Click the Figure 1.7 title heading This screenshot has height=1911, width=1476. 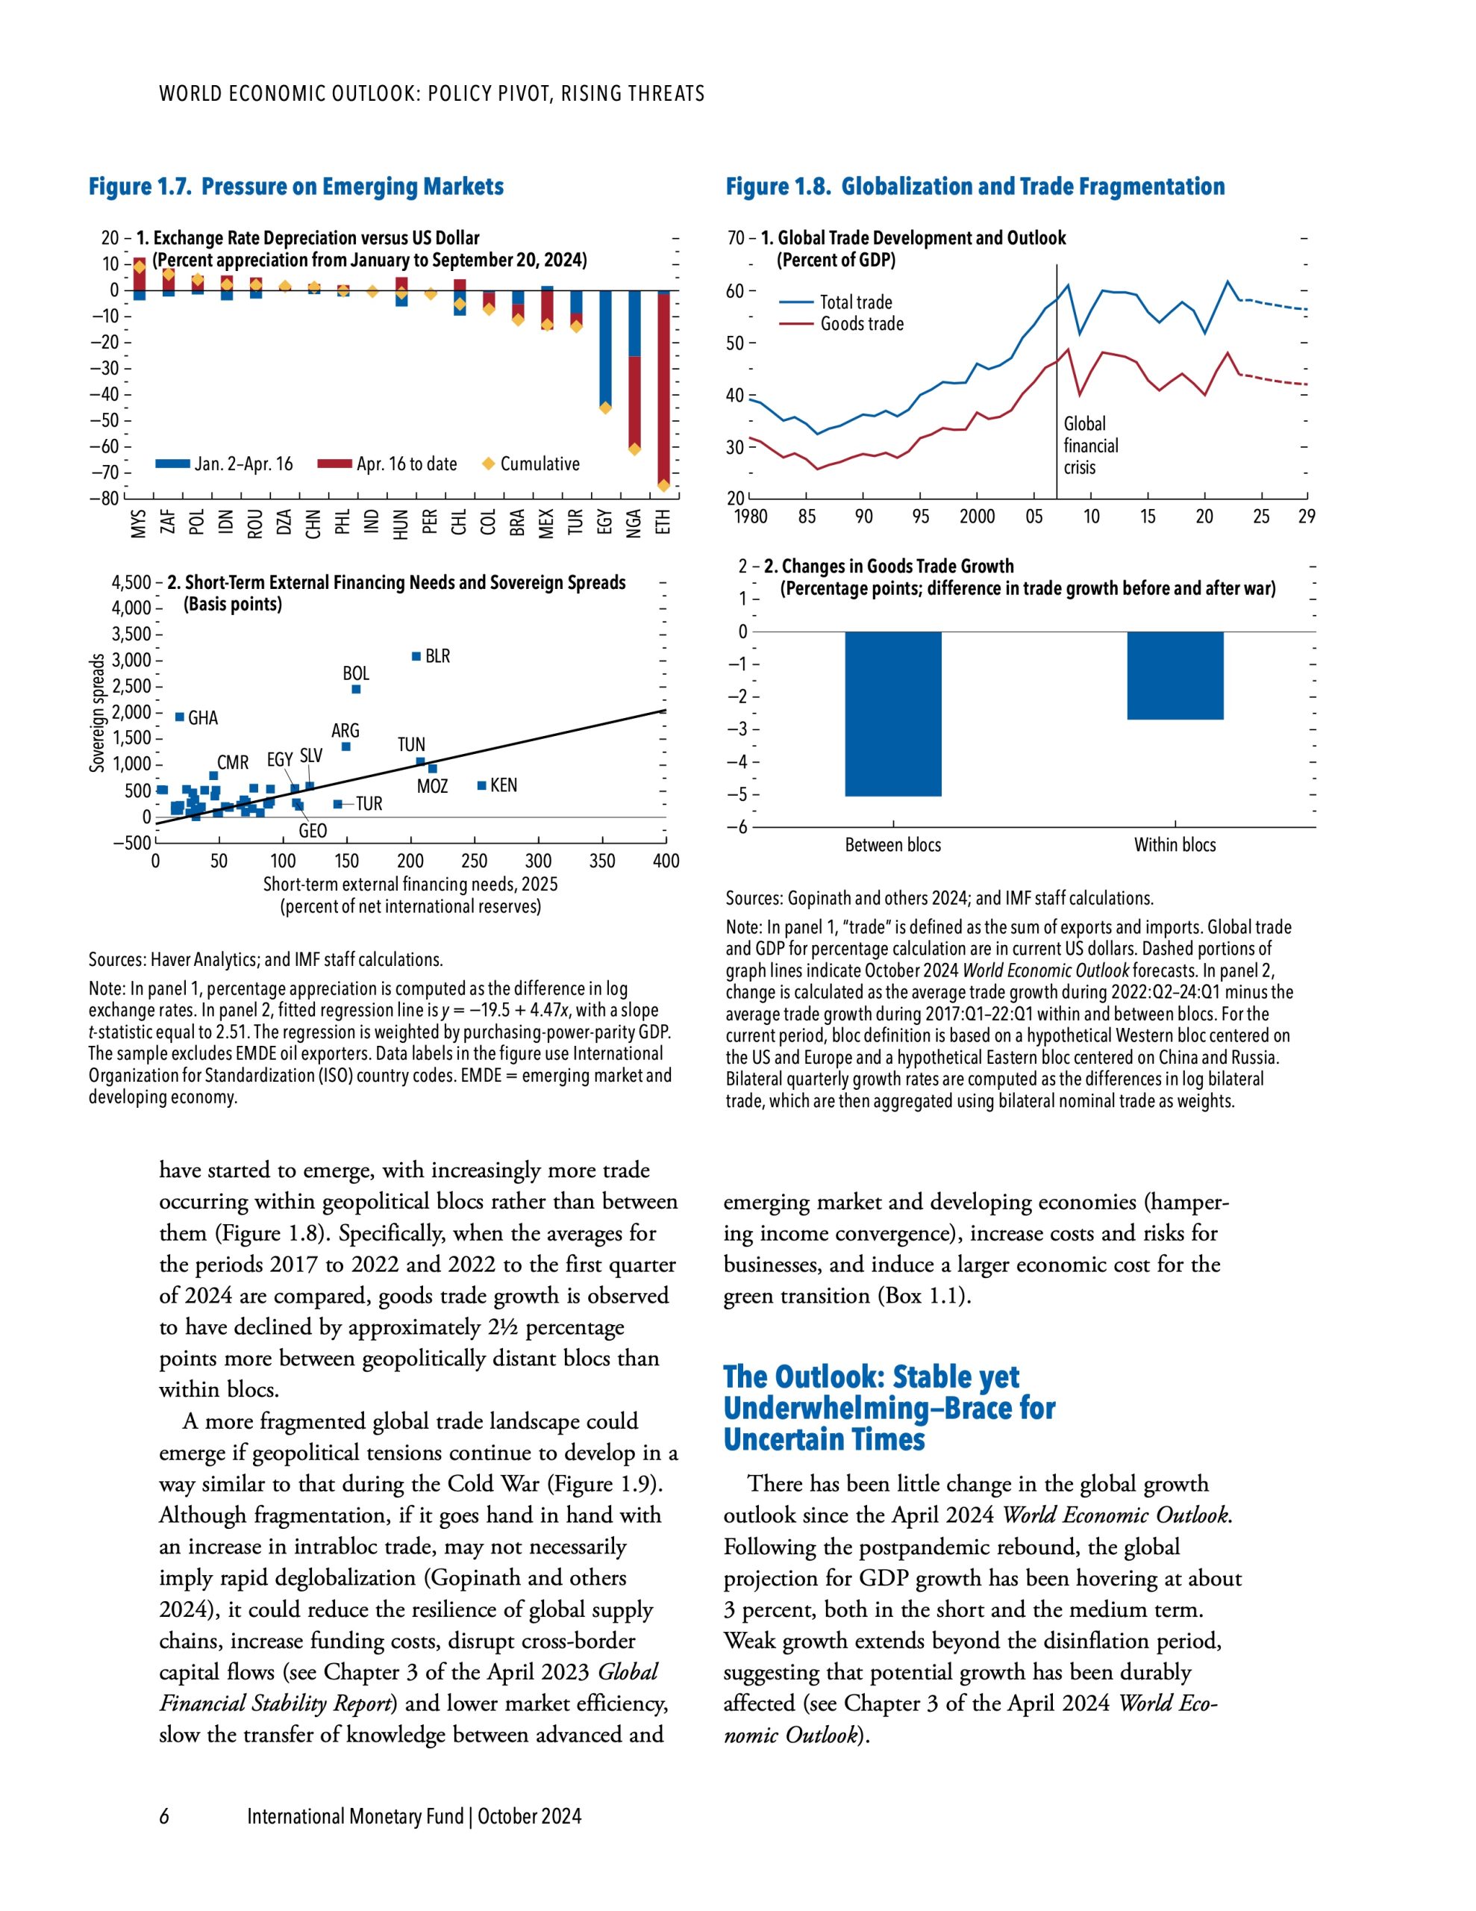pyautogui.click(x=295, y=187)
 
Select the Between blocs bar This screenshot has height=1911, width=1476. pyautogui.click(x=892, y=713)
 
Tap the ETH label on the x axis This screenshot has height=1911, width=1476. pyautogui.click(x=663, y=522)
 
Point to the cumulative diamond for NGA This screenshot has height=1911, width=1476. pyautogui.click(x=634, y=449)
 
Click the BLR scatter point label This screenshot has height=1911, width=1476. pyautogui.click(x=437, y=656)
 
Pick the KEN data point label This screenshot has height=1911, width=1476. pyautogui.click(x=503, y=785)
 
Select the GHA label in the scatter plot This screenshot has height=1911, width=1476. pyautogui.click(x=203, y=717)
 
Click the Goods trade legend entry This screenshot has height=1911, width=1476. pyautogui.click(x=862, y=324)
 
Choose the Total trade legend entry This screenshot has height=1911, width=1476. pyautogui.click(x=856, y=302)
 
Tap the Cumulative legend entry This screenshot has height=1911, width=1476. pyautogui.click(x=539, y=464)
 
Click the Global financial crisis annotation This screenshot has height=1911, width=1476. pyautogui.click(x=1090, y=446)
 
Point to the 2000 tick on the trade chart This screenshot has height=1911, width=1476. pyautogui.click(x=977, y=517)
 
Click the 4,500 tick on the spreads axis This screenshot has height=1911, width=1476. pyautogui.click(x=132, y=583)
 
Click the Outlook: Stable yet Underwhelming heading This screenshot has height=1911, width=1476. pyautogui.click(x=889, y=1407)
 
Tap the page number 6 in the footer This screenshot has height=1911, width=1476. pyautogui.click(x=163, y=1816)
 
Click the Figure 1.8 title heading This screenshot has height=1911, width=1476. pyautogui.click(x=975, y=187)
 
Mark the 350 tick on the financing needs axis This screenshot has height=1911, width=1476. pyautogui.click(x=602, y=861)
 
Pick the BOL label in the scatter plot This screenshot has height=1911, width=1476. pyautogui.click(x=355, y=673)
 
